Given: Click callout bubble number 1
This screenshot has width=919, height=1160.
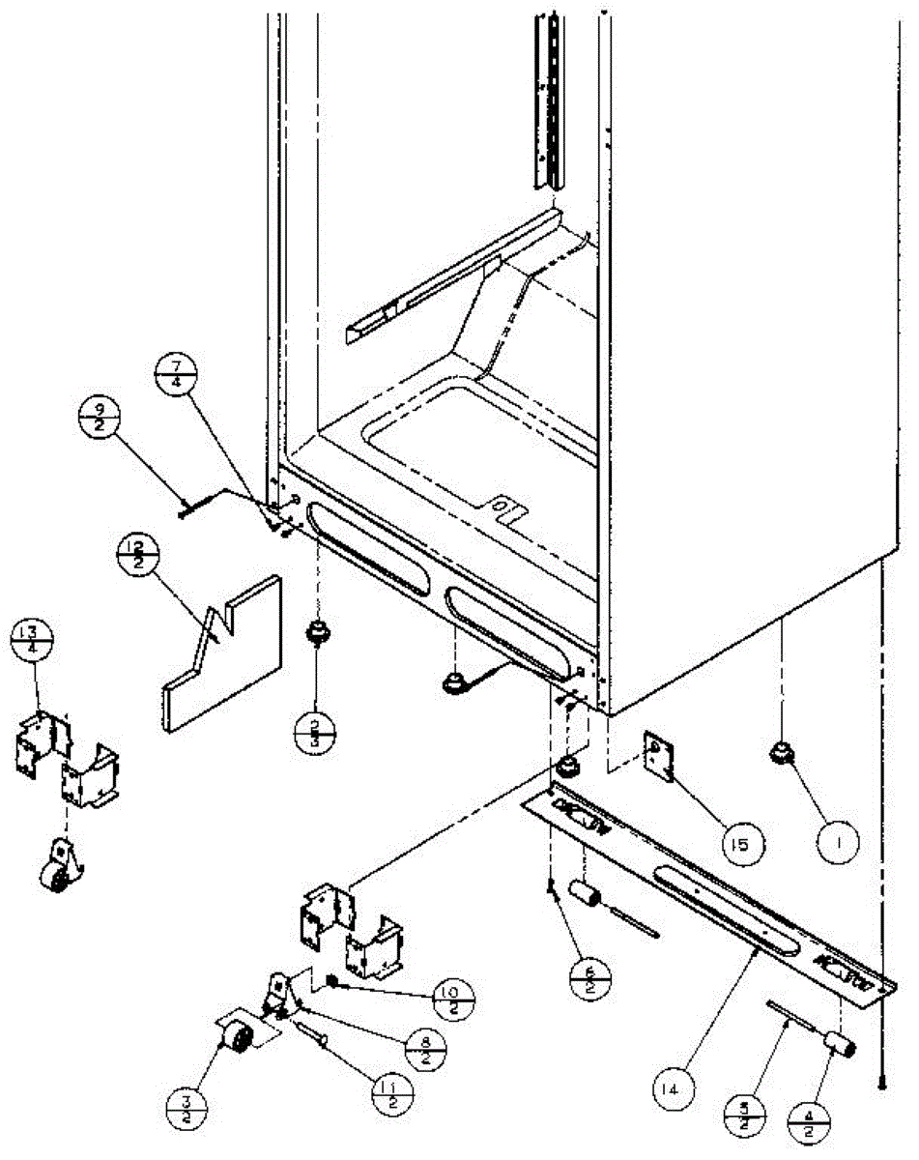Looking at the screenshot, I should pos(841,842).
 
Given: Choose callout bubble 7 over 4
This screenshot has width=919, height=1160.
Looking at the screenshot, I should pos(177,371).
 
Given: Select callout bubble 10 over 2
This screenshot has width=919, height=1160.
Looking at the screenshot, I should pos(454,996).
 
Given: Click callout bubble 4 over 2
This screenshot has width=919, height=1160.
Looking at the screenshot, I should pos(806,1124).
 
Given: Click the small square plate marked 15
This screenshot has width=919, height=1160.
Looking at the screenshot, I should pos(661,758).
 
